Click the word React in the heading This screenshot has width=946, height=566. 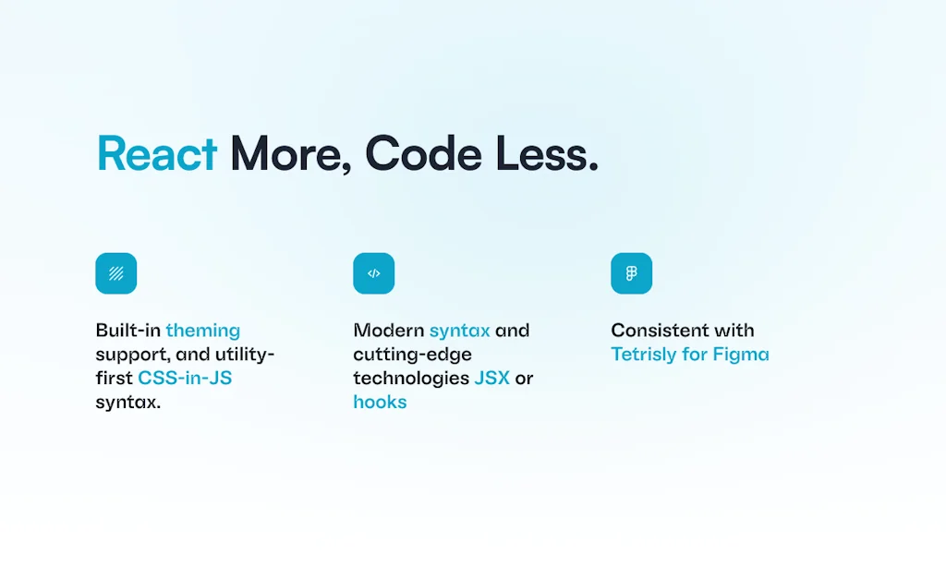(157, 154)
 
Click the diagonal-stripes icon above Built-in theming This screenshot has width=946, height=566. (116, 273)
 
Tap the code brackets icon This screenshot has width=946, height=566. (374, 273)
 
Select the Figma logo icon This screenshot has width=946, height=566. (632, 273)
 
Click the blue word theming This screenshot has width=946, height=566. (203, 331)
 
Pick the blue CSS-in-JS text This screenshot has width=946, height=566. (185, 379)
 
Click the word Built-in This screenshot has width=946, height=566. (127, 331)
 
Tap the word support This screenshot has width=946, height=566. (127, 355)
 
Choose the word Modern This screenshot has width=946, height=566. (388, 331)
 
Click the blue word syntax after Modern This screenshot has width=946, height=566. (459, 331)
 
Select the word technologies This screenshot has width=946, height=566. (410, 379)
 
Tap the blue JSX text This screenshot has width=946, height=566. (491, 379)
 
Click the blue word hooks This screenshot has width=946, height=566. (380, 403)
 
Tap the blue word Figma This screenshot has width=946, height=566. (741, 355)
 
